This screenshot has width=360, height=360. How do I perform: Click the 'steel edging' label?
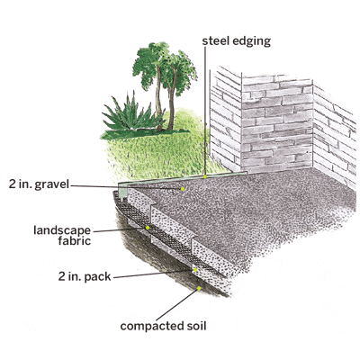[237, 41]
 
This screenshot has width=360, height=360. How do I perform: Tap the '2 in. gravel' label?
[39, 184]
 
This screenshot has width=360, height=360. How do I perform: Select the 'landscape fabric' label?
[62, 236]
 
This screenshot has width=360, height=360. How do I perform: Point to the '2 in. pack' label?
[85, 276]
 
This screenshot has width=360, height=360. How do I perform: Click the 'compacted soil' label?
[163, 326]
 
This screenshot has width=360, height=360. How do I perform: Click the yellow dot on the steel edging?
[205, 176]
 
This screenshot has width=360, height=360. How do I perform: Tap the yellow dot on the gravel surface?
[182, 189]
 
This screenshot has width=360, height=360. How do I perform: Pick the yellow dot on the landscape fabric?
[148, 228]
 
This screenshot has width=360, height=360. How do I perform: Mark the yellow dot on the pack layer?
[195, 270]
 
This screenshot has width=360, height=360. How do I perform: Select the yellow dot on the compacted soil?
[199, 288]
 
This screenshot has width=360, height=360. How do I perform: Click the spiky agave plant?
[132, 113]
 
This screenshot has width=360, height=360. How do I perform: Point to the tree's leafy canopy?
[165, 67]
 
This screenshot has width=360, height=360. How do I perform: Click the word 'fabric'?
[75, 241]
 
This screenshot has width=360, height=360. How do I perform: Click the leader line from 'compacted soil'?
[177, 304]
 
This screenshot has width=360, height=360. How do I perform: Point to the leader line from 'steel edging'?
[205, 112]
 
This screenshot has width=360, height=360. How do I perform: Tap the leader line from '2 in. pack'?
[154, 274]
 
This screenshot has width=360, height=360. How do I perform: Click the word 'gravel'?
[52, 184]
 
